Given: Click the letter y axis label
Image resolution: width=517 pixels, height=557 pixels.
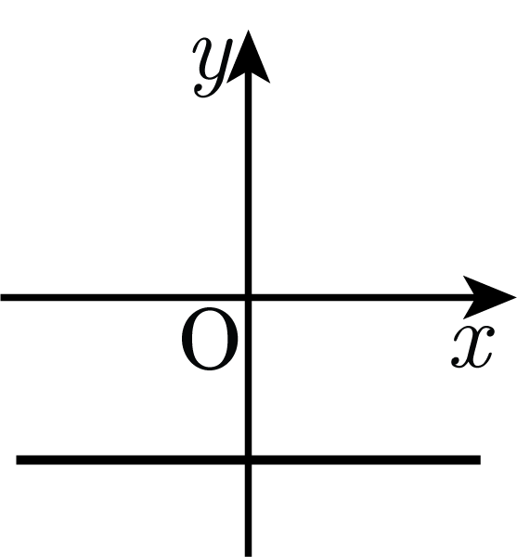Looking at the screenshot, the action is click(212, 68).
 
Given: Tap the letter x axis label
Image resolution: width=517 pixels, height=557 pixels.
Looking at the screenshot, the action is click(472, 346).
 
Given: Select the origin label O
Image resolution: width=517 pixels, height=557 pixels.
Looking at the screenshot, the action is click(210, 339).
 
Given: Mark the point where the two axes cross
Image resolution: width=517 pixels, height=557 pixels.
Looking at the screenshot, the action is click(248, 297).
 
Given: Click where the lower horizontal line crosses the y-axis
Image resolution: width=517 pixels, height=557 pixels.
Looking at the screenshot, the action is click(248, 460).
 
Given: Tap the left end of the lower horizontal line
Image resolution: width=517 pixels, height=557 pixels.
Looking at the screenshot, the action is click(17, 460).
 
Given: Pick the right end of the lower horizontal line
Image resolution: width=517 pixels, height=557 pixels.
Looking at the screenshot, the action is click(481, 460).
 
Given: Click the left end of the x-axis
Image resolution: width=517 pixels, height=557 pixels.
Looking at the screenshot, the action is click(1, 297).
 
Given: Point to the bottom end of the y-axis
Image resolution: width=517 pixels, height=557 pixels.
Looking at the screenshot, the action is click(248, 556).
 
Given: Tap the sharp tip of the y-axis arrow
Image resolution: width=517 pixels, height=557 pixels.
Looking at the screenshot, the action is click(248, 31).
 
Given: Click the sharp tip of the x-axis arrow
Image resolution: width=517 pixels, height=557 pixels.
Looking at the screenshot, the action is click(516, 297).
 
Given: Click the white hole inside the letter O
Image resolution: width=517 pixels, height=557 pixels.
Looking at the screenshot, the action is click(210, 339).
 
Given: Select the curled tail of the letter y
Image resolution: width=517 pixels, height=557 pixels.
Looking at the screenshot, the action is click(203, 91).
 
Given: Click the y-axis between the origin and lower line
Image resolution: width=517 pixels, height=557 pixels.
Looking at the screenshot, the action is click(248, 379).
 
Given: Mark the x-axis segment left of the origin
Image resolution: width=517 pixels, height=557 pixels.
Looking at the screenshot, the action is click(123, 297).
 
